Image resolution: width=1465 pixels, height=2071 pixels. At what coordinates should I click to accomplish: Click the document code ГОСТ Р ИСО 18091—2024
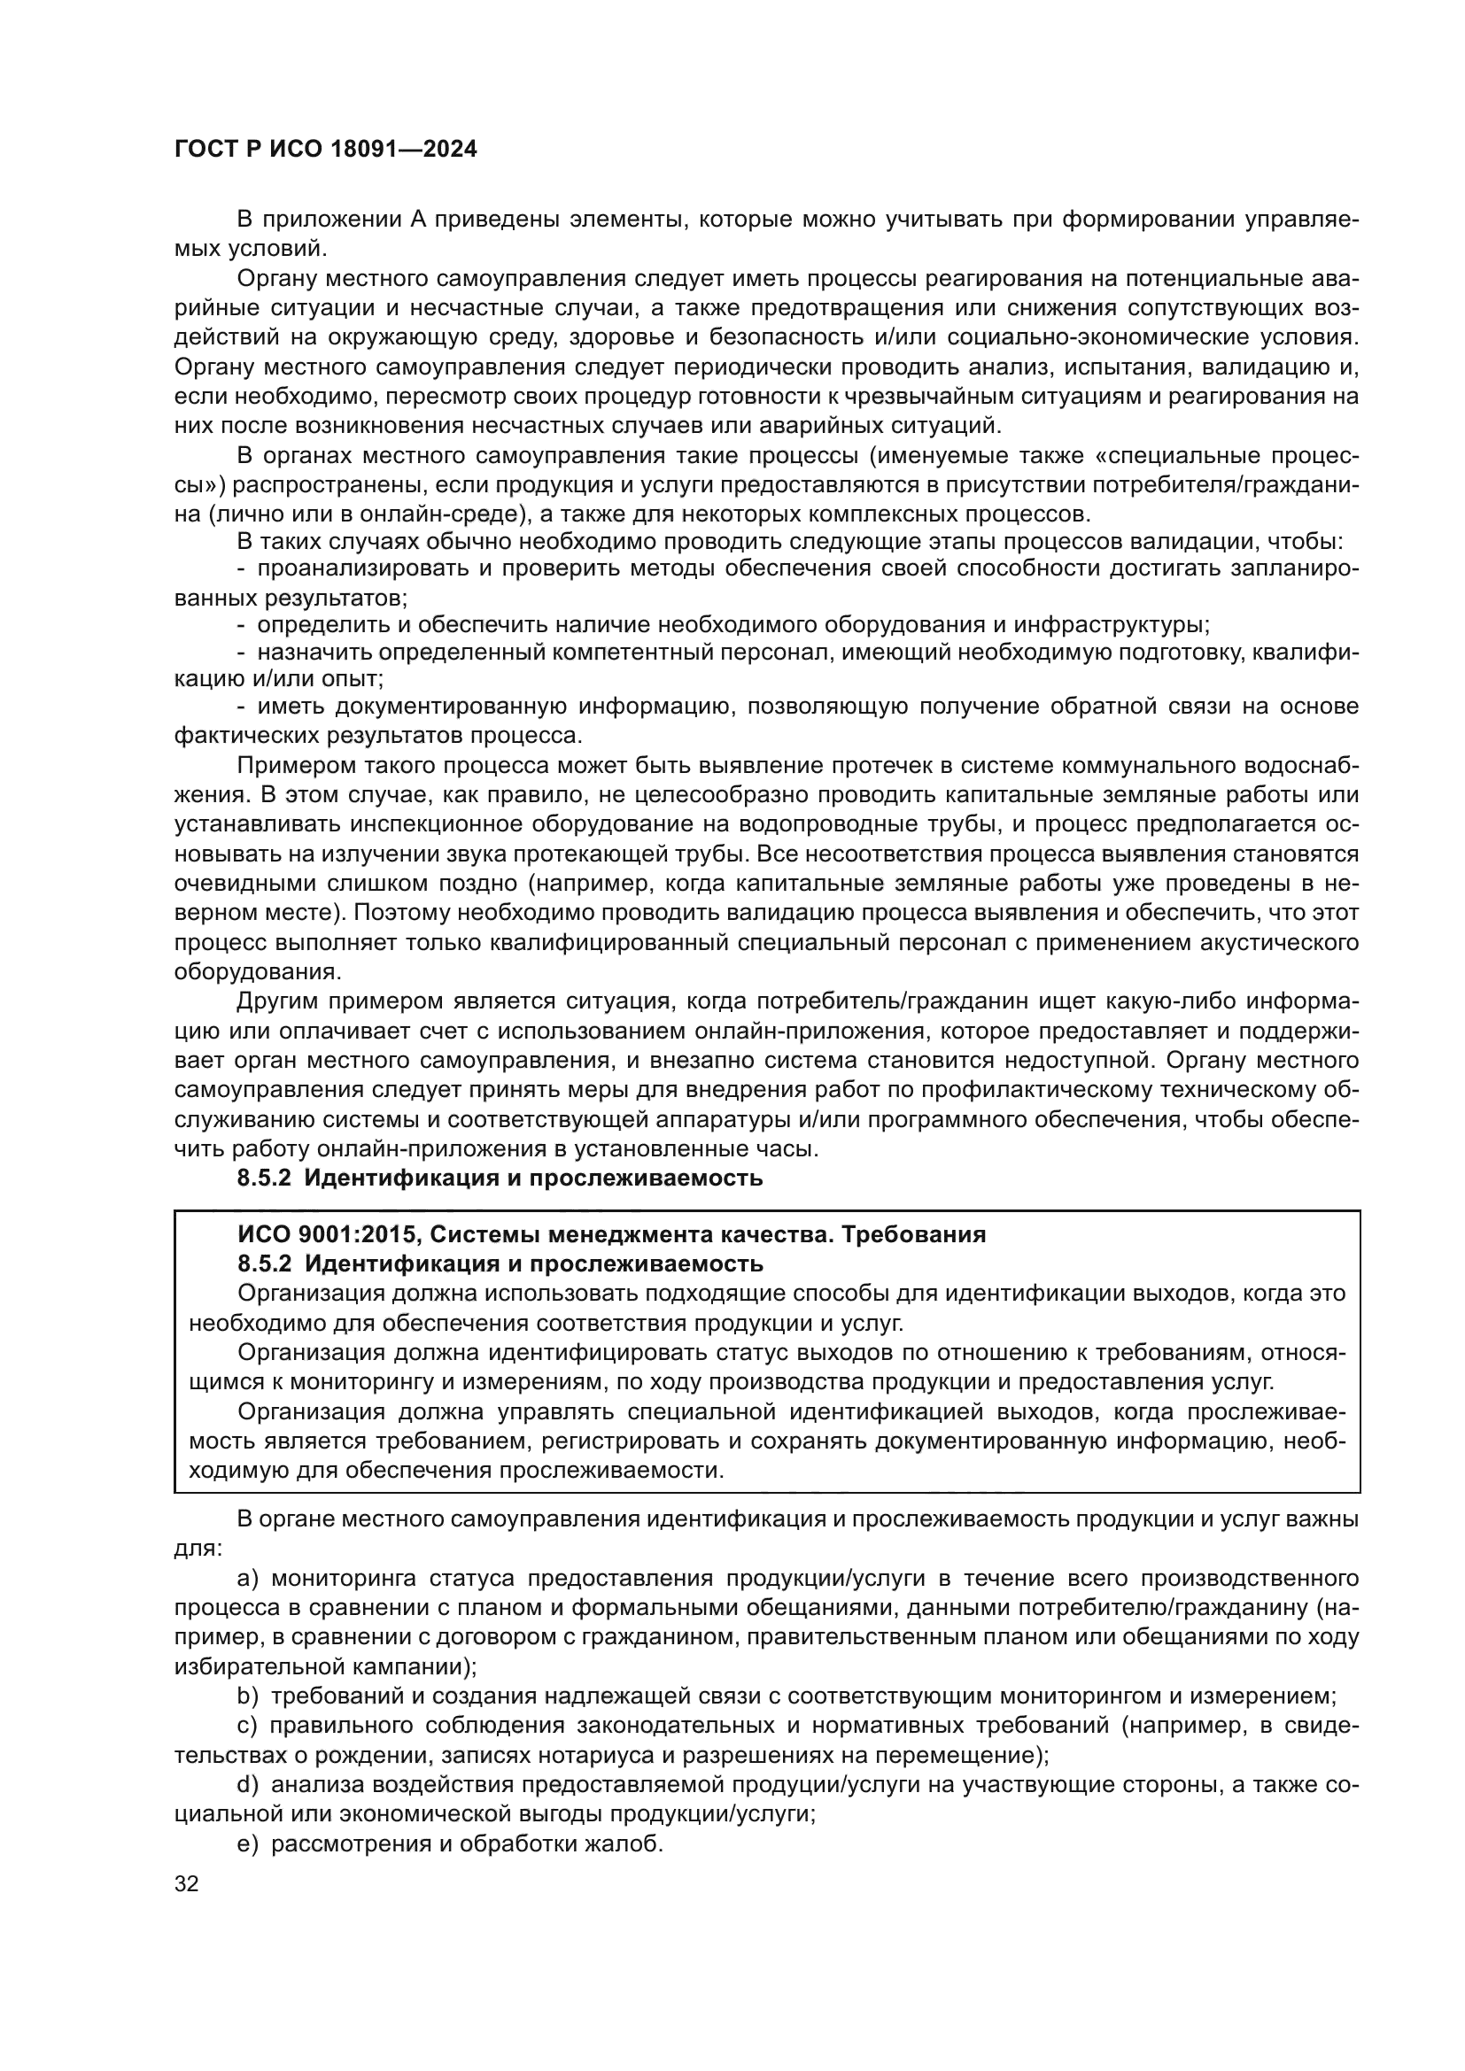coord(325,150)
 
